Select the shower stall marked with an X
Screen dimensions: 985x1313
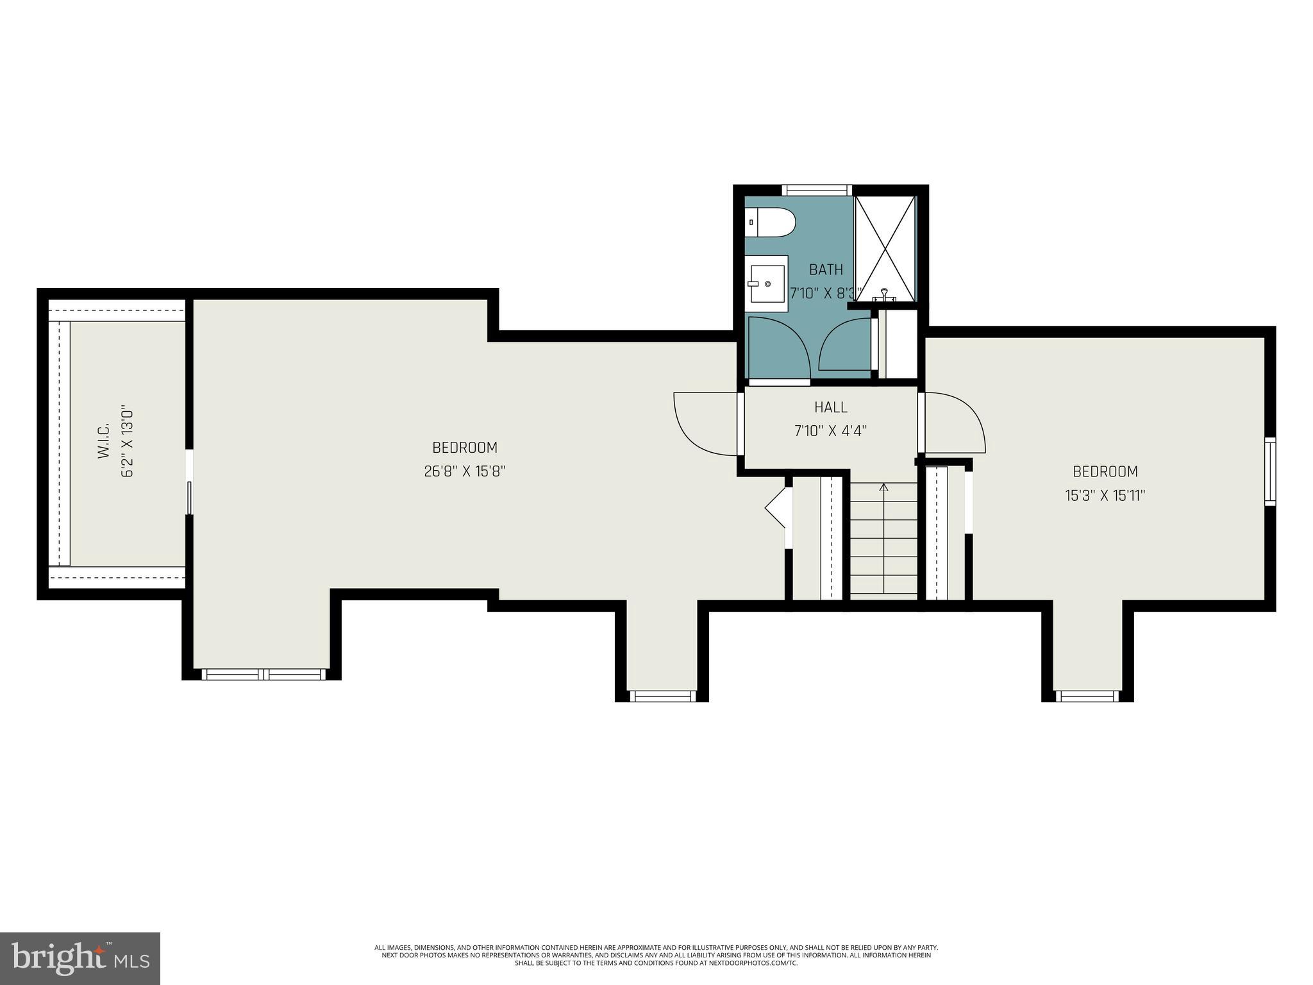[x=885, y=248]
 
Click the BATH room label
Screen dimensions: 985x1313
[x=826, y=269]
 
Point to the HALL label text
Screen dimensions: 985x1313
[x=831, y=407]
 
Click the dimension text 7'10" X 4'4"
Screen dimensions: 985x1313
[x=831, y=431]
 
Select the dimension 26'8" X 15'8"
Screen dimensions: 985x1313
[x=465, y=471]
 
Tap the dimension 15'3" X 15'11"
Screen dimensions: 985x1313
[x=1105, y=496]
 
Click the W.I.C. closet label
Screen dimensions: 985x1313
[x=104, y=440]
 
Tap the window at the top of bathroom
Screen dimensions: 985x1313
[x=817, y=190]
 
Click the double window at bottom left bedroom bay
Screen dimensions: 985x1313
[x=263, y=674]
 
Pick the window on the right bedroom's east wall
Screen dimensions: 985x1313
[x=1269, y=471]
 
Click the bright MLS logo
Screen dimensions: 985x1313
[x=80, y=959]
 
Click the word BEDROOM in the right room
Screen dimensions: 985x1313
[x=1105, y=472]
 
